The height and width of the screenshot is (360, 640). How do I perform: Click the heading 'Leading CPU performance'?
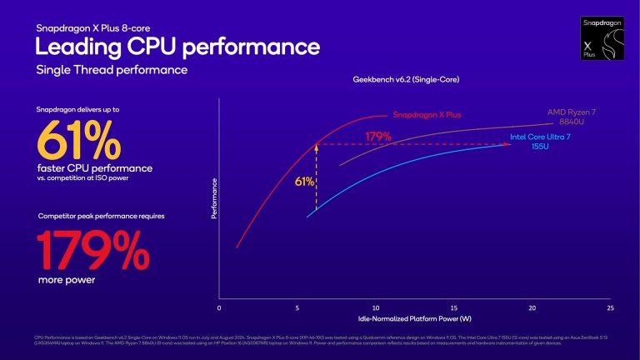(x=177, y=44)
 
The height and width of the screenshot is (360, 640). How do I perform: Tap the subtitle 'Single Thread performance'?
(x=111, y=70)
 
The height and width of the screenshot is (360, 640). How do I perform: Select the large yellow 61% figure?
(x=80, y=139)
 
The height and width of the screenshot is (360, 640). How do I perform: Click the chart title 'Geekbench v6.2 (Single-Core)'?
(x=406, y=79)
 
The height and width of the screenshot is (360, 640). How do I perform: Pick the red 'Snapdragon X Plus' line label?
(x=427, y=115)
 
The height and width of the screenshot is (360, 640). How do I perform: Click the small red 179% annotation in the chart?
(x=377, y=135)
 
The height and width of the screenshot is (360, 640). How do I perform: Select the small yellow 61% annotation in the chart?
(x=304, y=180)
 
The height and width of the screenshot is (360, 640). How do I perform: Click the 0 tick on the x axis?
(x=218, y=308)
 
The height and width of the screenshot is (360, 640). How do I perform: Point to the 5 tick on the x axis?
(x=297, y=308)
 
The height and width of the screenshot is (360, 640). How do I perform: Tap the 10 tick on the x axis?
(x=375, y=308)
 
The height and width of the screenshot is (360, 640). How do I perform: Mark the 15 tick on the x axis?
(x=453, y=308)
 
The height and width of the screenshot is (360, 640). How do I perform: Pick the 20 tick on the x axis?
(x=532, y=308)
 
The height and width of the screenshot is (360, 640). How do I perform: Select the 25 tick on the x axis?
(x=610, y=308)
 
